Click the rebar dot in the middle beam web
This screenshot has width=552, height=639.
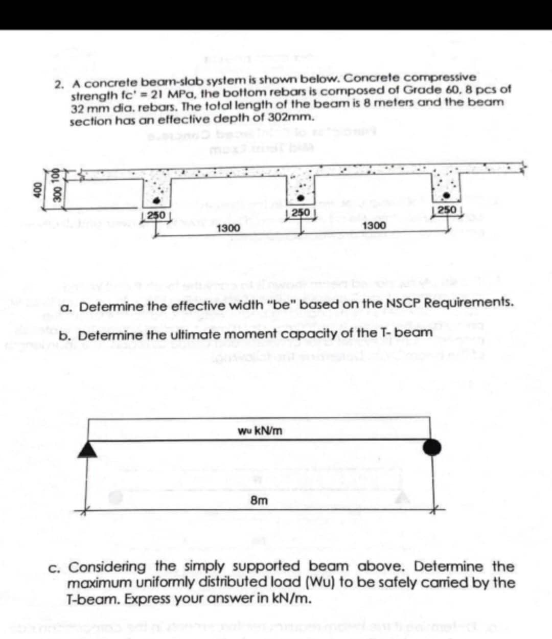[301, 198]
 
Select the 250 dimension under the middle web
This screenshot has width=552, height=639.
[300, 212]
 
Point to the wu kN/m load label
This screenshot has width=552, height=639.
[260, 431]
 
